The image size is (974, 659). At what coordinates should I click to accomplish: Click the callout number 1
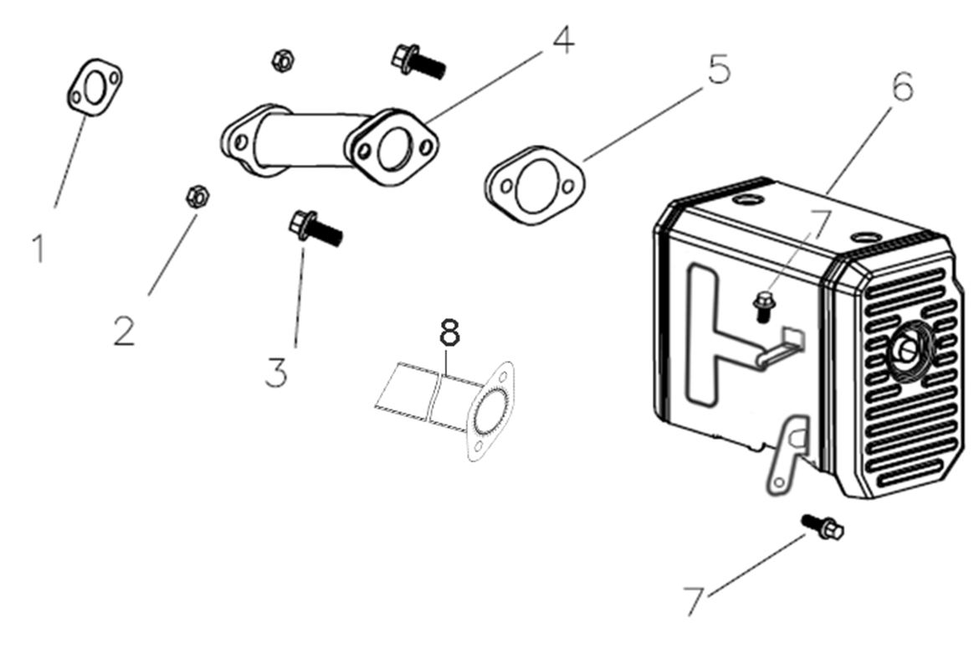[x=38, y=248]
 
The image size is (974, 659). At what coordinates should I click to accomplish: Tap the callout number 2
[x=124, y=331]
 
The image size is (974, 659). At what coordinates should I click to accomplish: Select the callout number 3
[x=276, y=371]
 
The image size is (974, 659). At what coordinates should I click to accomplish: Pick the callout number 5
[x=718, y=70]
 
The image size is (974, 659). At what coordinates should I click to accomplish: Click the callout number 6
[x=901, y=87]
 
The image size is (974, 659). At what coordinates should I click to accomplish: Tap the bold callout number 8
[x=449, y=333]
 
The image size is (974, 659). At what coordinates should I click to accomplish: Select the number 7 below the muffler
[x=694, y=600]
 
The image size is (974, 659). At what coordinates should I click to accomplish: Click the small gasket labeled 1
[x=95, y=87]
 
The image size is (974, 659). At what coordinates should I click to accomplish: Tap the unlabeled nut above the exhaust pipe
[x=281, y=59]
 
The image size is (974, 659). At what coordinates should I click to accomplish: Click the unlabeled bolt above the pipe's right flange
[x=416, y=60]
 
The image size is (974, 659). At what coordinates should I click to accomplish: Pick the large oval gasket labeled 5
[x=533, y=186]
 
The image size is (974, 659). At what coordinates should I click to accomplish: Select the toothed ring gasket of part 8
[x=491, y=409]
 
